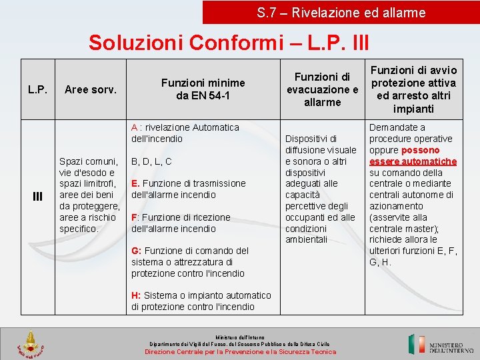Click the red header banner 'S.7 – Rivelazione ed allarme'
pos(341,12)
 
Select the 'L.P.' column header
pos(37,89)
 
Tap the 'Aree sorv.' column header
pos(90,89)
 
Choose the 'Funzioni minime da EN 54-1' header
pos(203,89)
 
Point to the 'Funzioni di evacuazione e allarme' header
pos(322,89)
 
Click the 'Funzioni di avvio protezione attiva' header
pos(413,89)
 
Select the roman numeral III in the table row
pos(37,195)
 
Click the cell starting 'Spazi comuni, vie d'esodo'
pos(89,195)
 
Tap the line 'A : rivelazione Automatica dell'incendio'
pos(185,133)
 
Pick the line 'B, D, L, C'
pos(151,161)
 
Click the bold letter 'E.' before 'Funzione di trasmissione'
pos(135,183)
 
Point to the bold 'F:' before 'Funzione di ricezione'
pos(135,217)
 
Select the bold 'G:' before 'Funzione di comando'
pos(136,251)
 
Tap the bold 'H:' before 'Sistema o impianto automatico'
pos(136,295)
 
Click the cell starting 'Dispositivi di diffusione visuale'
pos(320,189)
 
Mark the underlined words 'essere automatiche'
pos(413,161)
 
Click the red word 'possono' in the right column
pos(420,150)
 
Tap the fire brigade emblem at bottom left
pos(30,344)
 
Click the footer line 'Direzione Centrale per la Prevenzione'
pos(241,351)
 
